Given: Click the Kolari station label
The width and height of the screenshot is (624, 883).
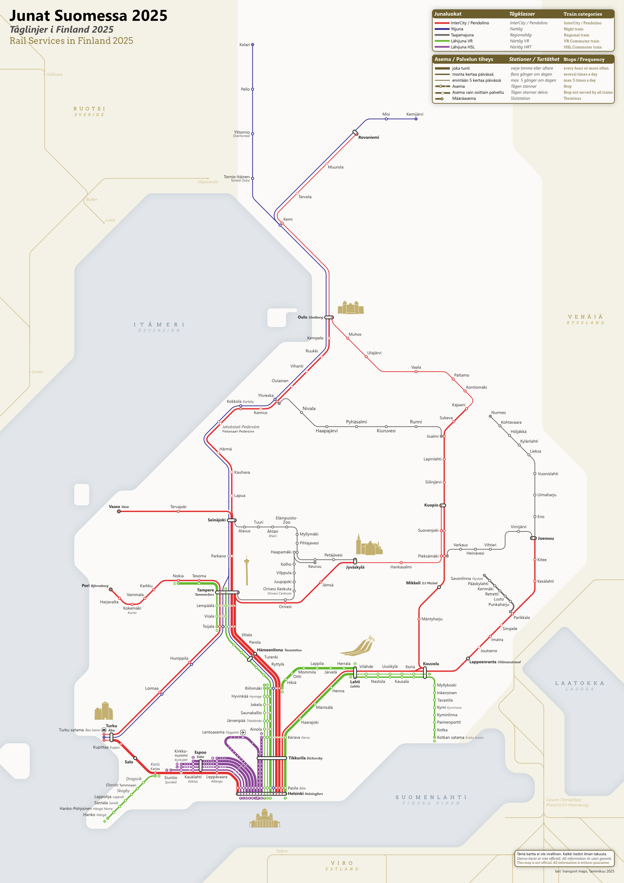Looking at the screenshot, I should (244, 45).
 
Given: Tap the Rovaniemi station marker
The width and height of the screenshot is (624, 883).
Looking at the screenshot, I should (355, 133).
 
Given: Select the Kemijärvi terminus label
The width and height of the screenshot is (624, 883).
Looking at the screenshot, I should (415, 114).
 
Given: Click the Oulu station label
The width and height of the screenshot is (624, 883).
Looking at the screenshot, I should (303, 317).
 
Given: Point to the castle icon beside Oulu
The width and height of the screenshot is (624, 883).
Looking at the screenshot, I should (350, 308).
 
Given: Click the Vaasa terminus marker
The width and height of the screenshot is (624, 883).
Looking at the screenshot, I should (119, 511).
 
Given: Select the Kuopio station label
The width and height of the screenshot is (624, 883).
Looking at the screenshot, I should (431, 505).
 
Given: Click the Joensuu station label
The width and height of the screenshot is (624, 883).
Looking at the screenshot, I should (546, 538).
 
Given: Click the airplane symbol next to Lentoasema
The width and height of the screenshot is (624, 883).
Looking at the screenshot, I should (243, 732).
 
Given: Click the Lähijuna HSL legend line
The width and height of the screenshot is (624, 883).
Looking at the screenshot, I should (442, 47).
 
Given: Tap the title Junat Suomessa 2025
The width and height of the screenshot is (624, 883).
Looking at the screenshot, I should (88, 16).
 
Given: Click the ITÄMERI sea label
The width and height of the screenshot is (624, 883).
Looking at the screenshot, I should (159, 325).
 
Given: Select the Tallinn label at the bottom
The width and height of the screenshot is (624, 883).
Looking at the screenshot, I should (282, 851).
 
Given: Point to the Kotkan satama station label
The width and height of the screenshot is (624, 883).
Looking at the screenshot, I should (450, 737).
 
